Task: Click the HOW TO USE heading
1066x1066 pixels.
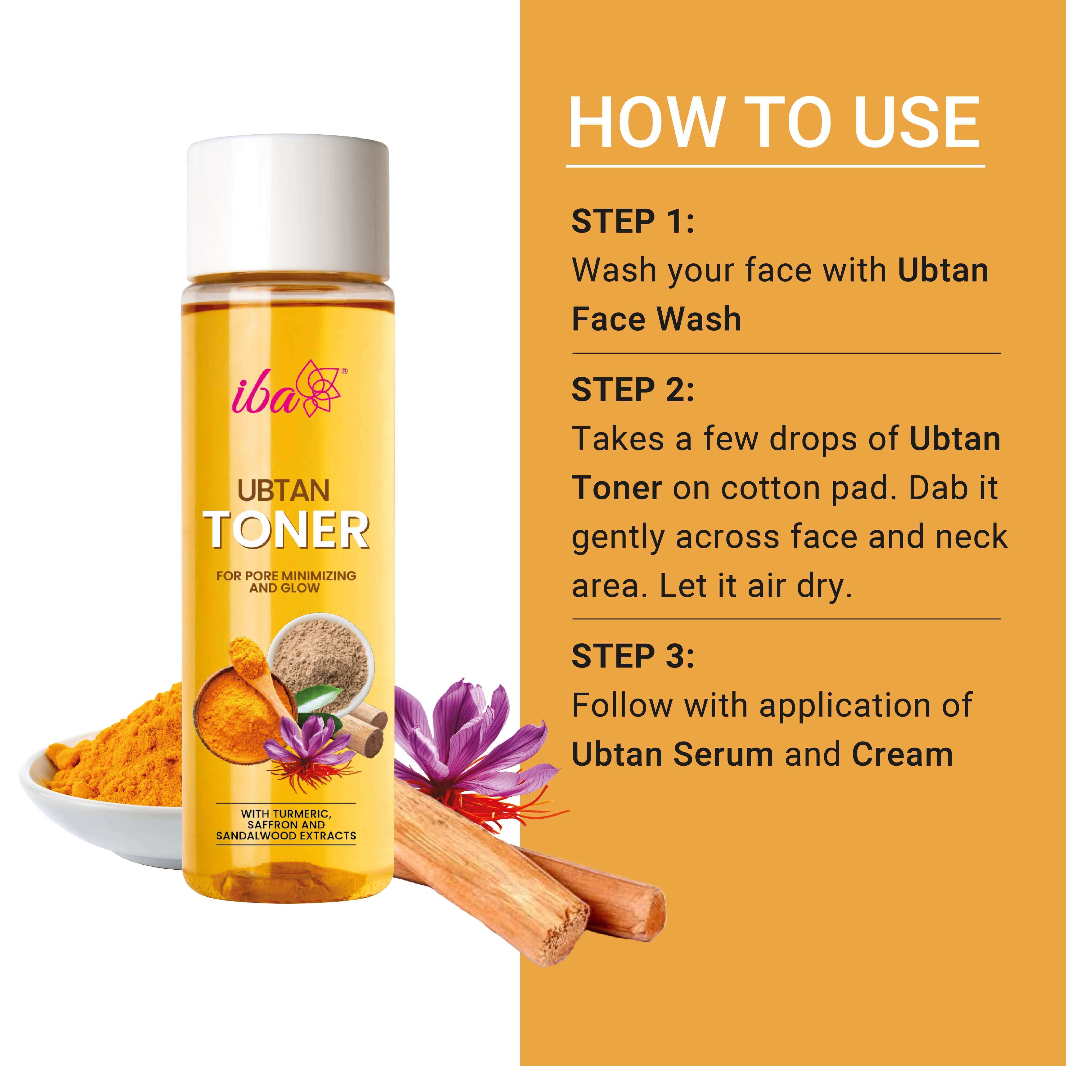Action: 774,122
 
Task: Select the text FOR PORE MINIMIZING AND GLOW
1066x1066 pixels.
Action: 286,582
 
